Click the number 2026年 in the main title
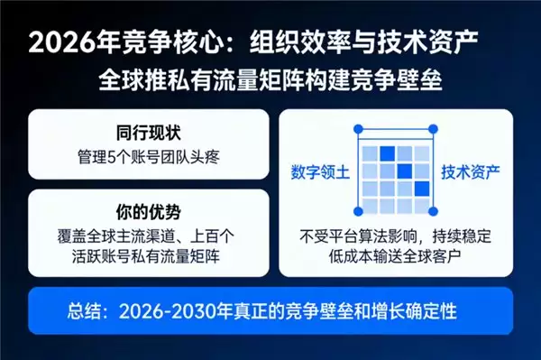coord(78,42)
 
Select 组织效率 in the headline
coord(294,42)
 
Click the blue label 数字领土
coord(320,171)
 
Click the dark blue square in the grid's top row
coord(388,153)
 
